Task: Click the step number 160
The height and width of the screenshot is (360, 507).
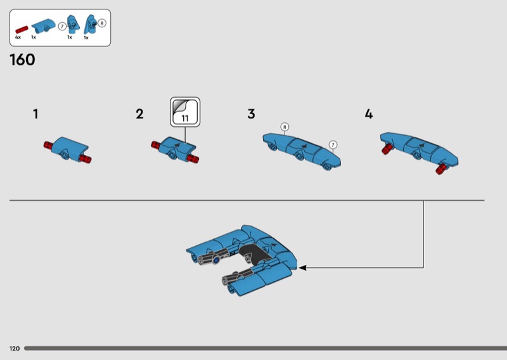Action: point(22,60)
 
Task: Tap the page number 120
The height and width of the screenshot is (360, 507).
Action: point(15,349)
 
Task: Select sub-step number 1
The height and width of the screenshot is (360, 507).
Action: point(35,114)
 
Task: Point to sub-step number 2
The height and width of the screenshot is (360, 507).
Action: point(139,114)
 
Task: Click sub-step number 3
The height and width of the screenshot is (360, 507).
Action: point(251,114)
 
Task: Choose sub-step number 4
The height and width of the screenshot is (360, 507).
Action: point(369,114)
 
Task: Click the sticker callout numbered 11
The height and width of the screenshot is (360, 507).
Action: point(185,112)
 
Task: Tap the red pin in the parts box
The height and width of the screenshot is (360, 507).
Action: point(22,30)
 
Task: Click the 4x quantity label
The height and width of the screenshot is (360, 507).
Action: point(18,37)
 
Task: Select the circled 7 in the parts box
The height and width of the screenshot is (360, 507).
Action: point(62,27)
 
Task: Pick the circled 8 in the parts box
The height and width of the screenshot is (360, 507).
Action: point(102,23)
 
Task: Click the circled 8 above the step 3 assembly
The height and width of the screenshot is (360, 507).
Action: point(285,127)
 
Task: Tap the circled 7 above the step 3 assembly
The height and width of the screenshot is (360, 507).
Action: point(333,145)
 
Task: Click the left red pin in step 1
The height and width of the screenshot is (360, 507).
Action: point(49,145)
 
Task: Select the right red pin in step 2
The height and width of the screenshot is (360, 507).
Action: point(193,158)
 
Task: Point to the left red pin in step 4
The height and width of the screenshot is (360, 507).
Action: point(387,149)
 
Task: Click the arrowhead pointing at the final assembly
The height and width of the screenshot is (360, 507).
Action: point(302,267)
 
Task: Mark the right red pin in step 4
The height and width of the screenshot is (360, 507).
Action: point(440,169)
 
